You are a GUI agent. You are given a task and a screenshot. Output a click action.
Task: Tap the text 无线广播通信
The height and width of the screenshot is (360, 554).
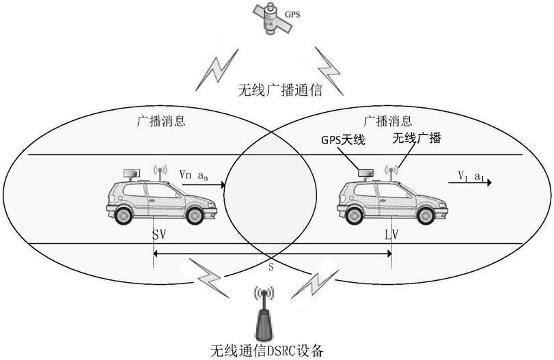pos(278,89)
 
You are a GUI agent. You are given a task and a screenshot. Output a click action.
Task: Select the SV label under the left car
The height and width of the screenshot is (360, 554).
pos(159,235)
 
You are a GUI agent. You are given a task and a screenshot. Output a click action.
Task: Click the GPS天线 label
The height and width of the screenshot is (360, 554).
pos(344,140)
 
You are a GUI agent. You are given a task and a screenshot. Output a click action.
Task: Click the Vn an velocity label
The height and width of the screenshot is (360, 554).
pos(193,175)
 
